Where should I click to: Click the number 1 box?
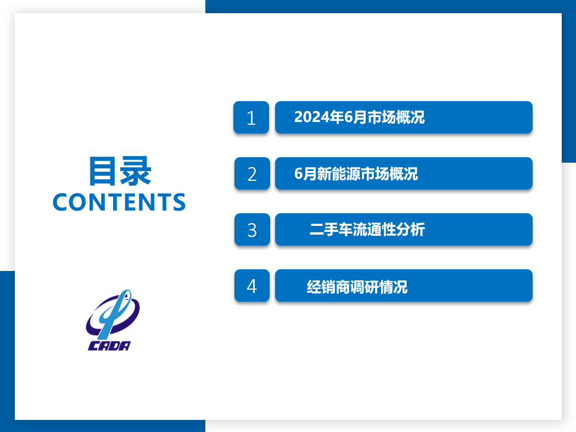click(x=251, y=118)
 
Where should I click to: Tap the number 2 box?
click(x=252, y=174)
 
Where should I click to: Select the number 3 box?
click(x=252, y=230)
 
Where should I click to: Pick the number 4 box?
click(x=252, y=286)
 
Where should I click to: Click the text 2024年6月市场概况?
click(x=359, y=118)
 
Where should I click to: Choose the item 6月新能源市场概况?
click(x=356, y=174)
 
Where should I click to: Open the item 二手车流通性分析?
click(x=367, y=230)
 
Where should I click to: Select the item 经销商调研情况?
click(x=357, y=287)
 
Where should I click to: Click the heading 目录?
click(x=120, y=171)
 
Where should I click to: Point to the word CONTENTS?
click(x=119, y=202)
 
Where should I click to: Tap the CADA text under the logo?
click(x=109, y=346)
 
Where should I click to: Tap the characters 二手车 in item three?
click(x=328, y=230)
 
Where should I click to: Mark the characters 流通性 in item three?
click(x=371, y=230)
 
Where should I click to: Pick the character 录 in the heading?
click(x=136, y=171)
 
